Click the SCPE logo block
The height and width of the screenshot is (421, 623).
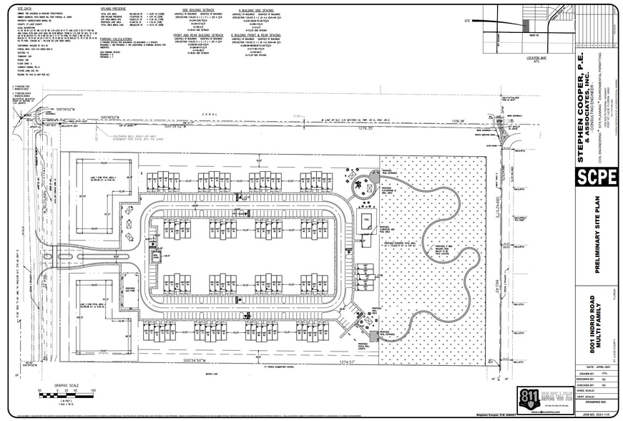point(596,177)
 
